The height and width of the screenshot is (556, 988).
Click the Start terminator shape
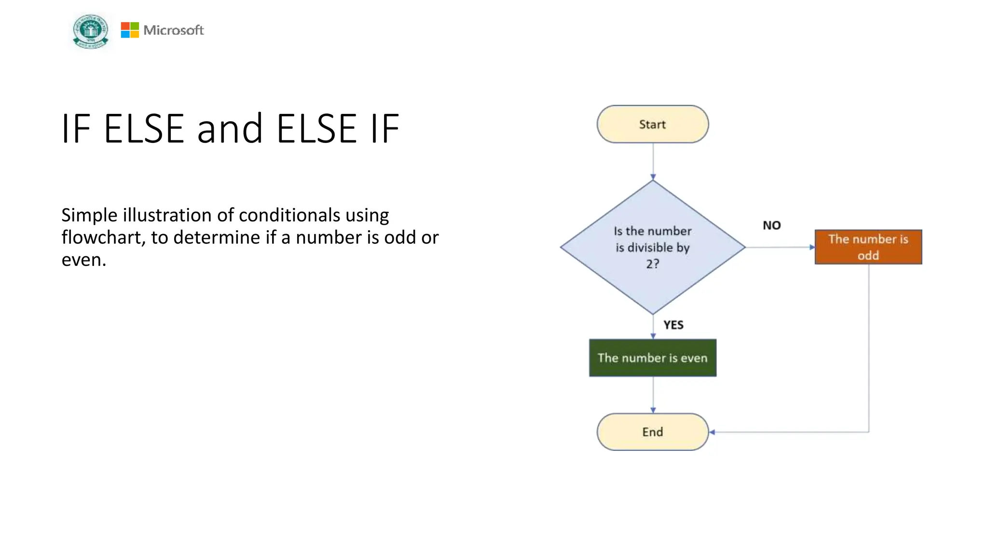652,124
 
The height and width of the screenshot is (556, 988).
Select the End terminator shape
652,432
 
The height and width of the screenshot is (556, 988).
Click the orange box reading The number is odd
868,247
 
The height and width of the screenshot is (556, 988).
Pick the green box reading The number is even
652,358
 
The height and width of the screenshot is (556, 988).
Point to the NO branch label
771,225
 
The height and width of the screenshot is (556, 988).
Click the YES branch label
673,325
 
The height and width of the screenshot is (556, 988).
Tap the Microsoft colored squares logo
130,30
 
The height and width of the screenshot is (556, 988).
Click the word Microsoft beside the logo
174,30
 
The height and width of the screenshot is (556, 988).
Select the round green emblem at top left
91,31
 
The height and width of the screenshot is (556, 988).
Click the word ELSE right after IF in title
144,129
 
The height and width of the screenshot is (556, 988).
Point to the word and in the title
230,129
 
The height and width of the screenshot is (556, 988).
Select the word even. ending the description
83,260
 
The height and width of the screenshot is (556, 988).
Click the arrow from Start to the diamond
653,162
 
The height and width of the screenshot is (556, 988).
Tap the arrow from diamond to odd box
779,247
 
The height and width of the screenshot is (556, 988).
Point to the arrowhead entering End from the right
712,432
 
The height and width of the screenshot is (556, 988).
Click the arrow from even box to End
653,395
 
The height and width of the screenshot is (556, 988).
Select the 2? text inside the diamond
652,264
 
